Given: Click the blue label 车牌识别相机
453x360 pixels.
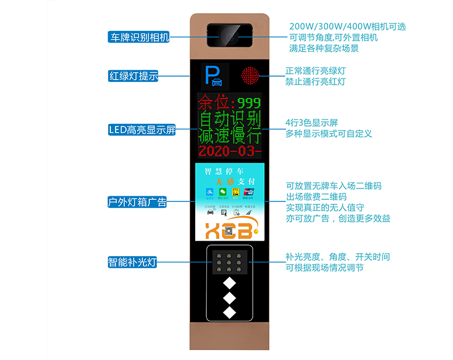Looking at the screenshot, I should [x=139, y=38].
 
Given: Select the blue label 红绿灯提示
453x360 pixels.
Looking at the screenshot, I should [x=134, y=75].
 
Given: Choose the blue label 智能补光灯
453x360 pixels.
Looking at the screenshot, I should [x=133, y=261].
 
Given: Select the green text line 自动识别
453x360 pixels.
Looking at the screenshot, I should [x=229, y=120].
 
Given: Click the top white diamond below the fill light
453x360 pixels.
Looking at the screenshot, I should [x=229, y=283].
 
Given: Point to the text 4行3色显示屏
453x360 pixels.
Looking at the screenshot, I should [x=311, y=123].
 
